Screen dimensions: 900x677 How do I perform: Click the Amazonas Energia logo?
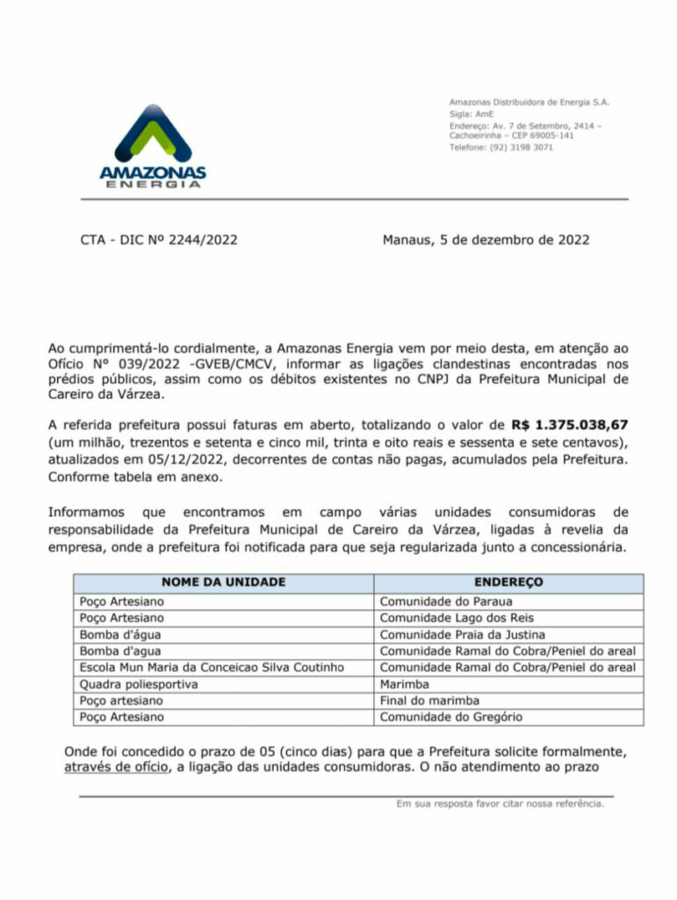click(153, 146)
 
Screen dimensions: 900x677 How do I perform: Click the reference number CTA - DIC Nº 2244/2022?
click(159, 239)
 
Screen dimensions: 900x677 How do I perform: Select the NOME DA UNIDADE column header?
click(223, 583)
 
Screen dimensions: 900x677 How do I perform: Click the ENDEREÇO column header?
click(508, 583)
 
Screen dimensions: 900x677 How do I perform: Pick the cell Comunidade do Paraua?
click(445, 602)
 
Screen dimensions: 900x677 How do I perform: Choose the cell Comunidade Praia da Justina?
click(462, 635)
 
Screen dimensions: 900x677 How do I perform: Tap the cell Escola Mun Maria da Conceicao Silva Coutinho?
click(212, 668)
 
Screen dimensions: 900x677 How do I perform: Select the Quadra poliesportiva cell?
click(139, 685)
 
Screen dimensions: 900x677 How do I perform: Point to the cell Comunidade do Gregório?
click(450, 717)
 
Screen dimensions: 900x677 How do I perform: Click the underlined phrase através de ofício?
click(114, 767)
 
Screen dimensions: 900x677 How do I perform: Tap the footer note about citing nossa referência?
click(500, 803)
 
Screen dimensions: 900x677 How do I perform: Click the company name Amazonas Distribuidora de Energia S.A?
click(529, 102)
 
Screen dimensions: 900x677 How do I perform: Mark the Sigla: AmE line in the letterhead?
click(472, 113)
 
